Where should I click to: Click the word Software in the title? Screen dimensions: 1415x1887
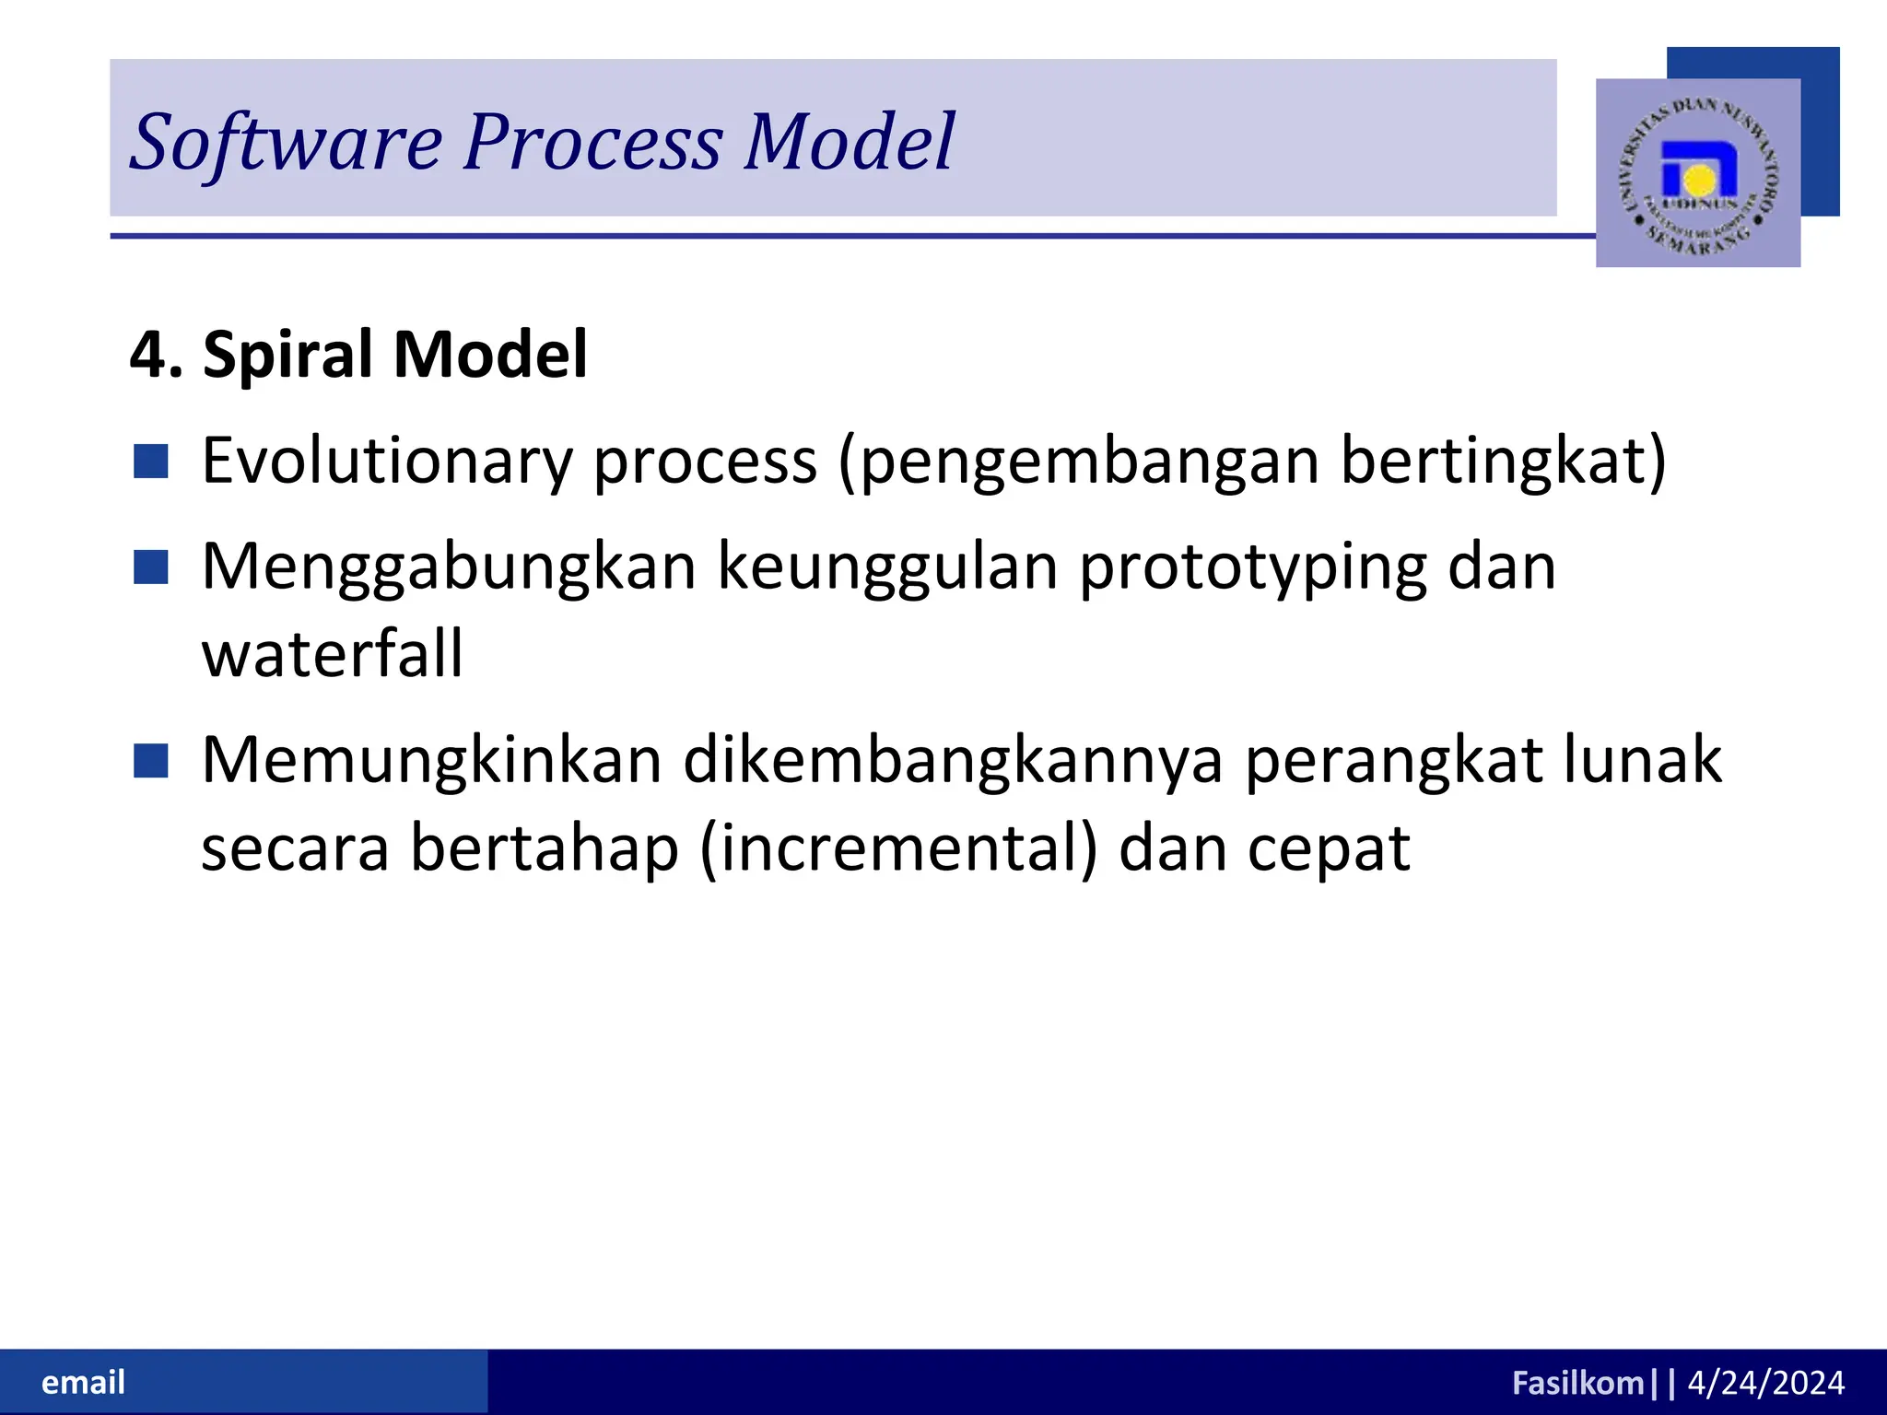[286, 143]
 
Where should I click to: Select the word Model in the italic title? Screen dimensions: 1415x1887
[849, 143]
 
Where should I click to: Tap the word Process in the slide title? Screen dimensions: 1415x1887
[592, 143]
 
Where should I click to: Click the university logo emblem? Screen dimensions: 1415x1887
[1698, 173]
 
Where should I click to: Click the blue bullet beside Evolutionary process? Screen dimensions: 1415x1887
[151, 462]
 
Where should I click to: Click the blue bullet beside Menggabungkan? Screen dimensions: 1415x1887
[151, 567]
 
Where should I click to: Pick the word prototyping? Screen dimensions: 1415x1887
[1252, 568]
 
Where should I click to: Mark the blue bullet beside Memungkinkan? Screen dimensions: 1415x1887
[151, 762]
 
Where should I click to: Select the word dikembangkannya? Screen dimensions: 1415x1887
[953, 761]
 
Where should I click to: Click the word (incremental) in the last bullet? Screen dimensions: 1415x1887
[898, 848]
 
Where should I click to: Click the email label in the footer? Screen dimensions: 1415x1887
[83, 1383]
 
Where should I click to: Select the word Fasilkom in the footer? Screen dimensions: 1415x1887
[1577, 1383]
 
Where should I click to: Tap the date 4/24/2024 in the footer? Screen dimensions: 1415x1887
[1765, 1383]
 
